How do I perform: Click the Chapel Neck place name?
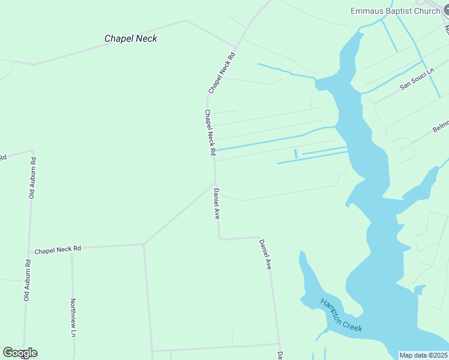click(x=131, y=38)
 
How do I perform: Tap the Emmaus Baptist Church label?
click(x=396, y=11)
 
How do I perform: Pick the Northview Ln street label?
click(x=73, y=317)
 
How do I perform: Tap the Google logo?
click(x=20, y=353)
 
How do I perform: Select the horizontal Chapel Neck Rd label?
click(x=58, y=250)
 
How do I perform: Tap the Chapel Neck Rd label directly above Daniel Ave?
click(x=209, y=133)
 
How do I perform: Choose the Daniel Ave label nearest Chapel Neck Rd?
click(x=216, y=204)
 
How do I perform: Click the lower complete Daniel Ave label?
click(x=265, y=254)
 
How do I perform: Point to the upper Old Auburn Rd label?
click(x=33, y=178)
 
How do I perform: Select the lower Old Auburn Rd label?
click(x=26, y=280)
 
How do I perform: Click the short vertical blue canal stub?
click(x=295, y=154)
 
